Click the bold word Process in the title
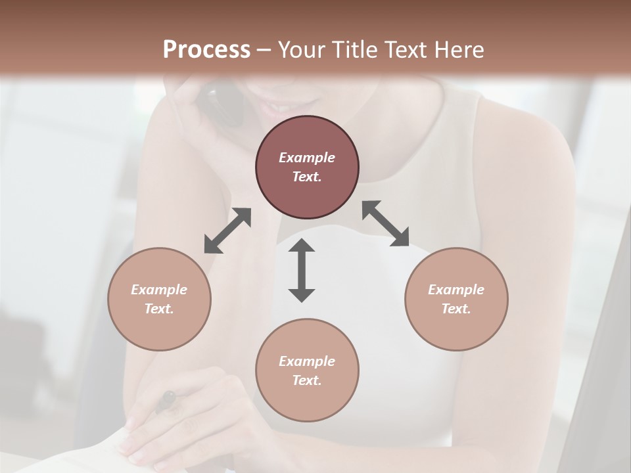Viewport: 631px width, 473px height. pyautogui.click(x=206, y=50)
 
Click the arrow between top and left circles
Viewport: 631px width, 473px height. pyautogui.click(x=227, y=231)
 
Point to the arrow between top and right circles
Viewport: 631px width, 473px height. pyautogui.click(x=386, y=223)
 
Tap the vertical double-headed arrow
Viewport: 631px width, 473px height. pyautogui.click(x=302, y=270)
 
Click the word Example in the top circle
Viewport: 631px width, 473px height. pyautogui.click(x=307, y=158)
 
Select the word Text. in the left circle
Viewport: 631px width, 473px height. pyautogui.click(x=159, y=309)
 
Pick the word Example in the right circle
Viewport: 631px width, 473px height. pyautogui.click(x=456, y=290)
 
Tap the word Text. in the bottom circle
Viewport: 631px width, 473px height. pyautogui.click(x=307, y=380)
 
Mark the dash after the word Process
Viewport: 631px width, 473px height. pyautogui.click(x=264, y=50)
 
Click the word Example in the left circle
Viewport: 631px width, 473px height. pyautogui.click(x=159, y=290)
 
